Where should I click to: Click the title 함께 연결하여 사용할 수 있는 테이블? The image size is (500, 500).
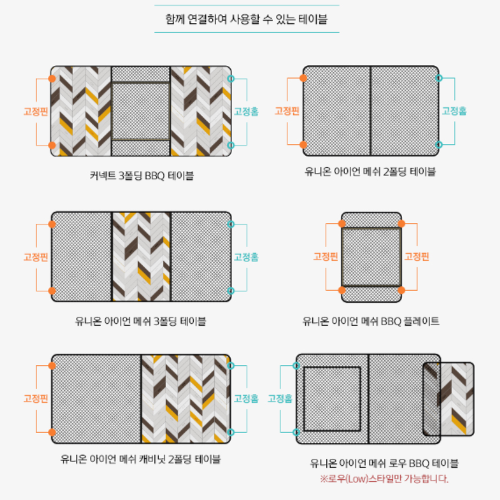coord(246,19)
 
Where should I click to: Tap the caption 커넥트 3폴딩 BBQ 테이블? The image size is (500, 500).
coord(142,175)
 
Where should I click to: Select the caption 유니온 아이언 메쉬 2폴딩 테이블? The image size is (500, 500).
coord(370,171)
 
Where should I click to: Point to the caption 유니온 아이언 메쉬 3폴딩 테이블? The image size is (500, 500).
coord(140,321)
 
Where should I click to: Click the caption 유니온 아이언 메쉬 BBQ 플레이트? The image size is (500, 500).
coord(371,321)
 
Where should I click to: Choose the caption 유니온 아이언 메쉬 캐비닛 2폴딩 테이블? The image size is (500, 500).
coord(140,459)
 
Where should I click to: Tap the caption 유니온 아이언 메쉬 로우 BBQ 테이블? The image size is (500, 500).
coord(384,463)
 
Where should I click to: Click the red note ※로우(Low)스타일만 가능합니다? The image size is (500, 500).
coord(384,478)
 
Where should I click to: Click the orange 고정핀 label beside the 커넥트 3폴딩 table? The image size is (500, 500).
coord(35,111)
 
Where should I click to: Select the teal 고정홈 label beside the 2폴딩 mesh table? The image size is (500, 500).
coord(454,111)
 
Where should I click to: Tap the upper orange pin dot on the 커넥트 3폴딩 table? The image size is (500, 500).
coord(52,78)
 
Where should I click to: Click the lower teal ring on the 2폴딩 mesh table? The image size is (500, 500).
coord(439,145)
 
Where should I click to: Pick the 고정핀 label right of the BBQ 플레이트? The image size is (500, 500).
coord(417,256)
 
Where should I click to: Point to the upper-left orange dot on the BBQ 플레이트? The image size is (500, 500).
coord(342,223)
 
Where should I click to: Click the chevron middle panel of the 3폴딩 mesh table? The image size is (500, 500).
coord(141,256)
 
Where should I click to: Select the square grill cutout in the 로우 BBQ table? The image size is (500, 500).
coord(332,399)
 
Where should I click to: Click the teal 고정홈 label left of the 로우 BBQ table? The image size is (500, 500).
coord(280,398)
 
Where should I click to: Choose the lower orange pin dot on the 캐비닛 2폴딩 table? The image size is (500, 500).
coord(52,432)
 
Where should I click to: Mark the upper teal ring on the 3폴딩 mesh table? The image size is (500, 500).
coord(231,224)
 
